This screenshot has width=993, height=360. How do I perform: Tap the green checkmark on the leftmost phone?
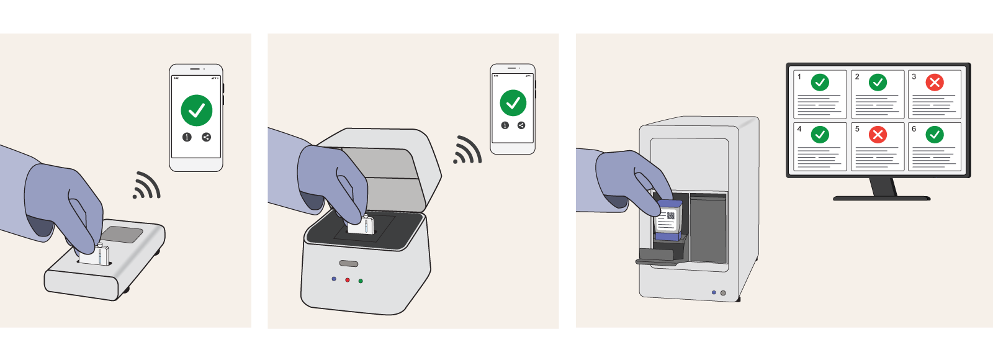click(x=197, y=110)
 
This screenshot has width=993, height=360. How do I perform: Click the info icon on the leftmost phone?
click(x=187, y=137)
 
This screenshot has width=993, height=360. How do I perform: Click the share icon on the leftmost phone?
click(x=207, y=137)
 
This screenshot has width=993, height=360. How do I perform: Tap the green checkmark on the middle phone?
click(x=513, y=103)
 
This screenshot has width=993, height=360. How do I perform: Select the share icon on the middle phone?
click(x=521, y=125)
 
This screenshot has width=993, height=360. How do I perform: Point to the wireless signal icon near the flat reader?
click(x=146, y=186)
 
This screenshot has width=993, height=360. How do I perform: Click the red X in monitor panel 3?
click(x=935, y=82)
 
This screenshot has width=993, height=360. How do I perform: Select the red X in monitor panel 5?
click(x=878, y=135)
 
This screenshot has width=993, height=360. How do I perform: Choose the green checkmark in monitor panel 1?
click(x=820, y=82)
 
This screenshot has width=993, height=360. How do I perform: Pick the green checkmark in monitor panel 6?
click(x=935, y=135)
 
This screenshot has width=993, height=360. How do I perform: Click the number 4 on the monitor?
click(x=799, y=129)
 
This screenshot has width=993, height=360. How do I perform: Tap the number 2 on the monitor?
click(x=857, y=77)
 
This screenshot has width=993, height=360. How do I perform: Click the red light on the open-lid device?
click(x=348, y=280)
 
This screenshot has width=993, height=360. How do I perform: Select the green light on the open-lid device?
click(x=361, y=281)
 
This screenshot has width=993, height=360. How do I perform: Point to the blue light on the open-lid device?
click(x=334, y=279)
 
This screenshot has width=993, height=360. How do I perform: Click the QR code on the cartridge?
click(x=671, y=215)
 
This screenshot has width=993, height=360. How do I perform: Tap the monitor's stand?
click(x=882, y=189)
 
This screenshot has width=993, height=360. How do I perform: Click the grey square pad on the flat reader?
click(x=122, y=234)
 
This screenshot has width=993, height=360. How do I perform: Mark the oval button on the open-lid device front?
click(x=349, y=264)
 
